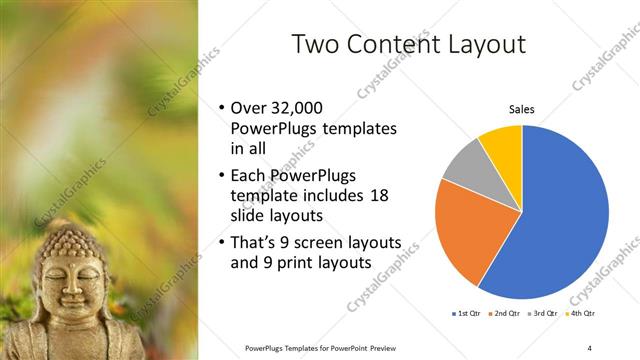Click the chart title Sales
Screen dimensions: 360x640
tap(521, 110)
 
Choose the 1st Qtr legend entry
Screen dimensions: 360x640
tap(468, 314)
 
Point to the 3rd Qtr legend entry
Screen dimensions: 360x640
tap(544, 314)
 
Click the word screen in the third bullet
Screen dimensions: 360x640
tap(338, 244)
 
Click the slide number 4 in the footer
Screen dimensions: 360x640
tap(589, 347)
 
